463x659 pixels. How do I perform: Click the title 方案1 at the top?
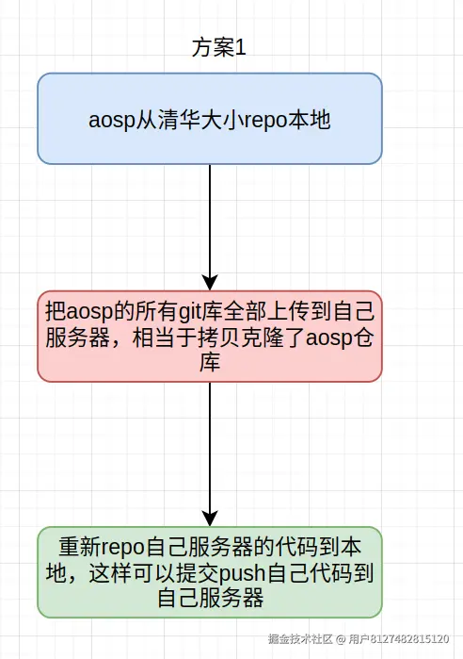pos(219,48)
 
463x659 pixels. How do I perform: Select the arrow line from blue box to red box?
pos(209,217)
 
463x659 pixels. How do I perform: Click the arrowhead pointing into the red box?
pos(209,282)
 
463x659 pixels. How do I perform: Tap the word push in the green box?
pos(248,573)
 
